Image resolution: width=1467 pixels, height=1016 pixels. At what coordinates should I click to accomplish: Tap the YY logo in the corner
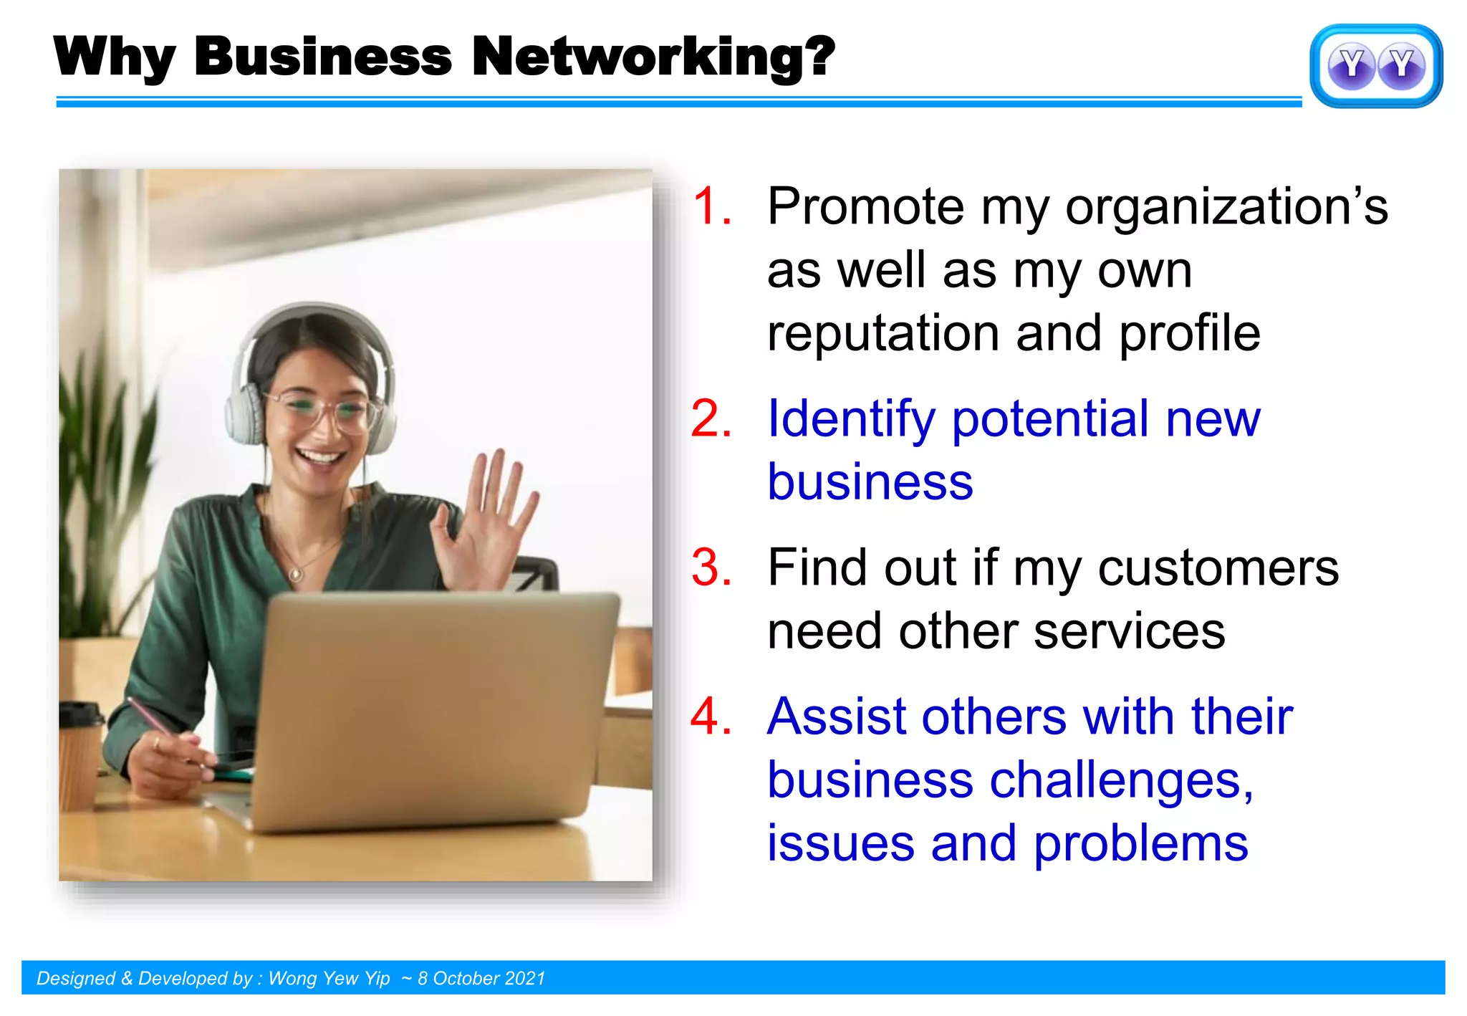pos(1375,66)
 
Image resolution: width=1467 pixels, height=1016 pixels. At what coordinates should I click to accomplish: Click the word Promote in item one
pos(865,206)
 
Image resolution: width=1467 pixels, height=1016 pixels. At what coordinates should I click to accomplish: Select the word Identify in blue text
pos(851,420)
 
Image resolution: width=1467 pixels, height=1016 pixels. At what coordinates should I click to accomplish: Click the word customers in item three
pos(1218,567)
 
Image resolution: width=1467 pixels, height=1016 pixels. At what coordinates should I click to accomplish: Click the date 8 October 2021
pos(481,979)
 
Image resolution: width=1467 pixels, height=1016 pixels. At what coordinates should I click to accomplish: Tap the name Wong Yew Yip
pos(329,979)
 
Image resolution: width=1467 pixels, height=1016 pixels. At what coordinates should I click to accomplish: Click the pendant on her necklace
pos(294,575)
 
